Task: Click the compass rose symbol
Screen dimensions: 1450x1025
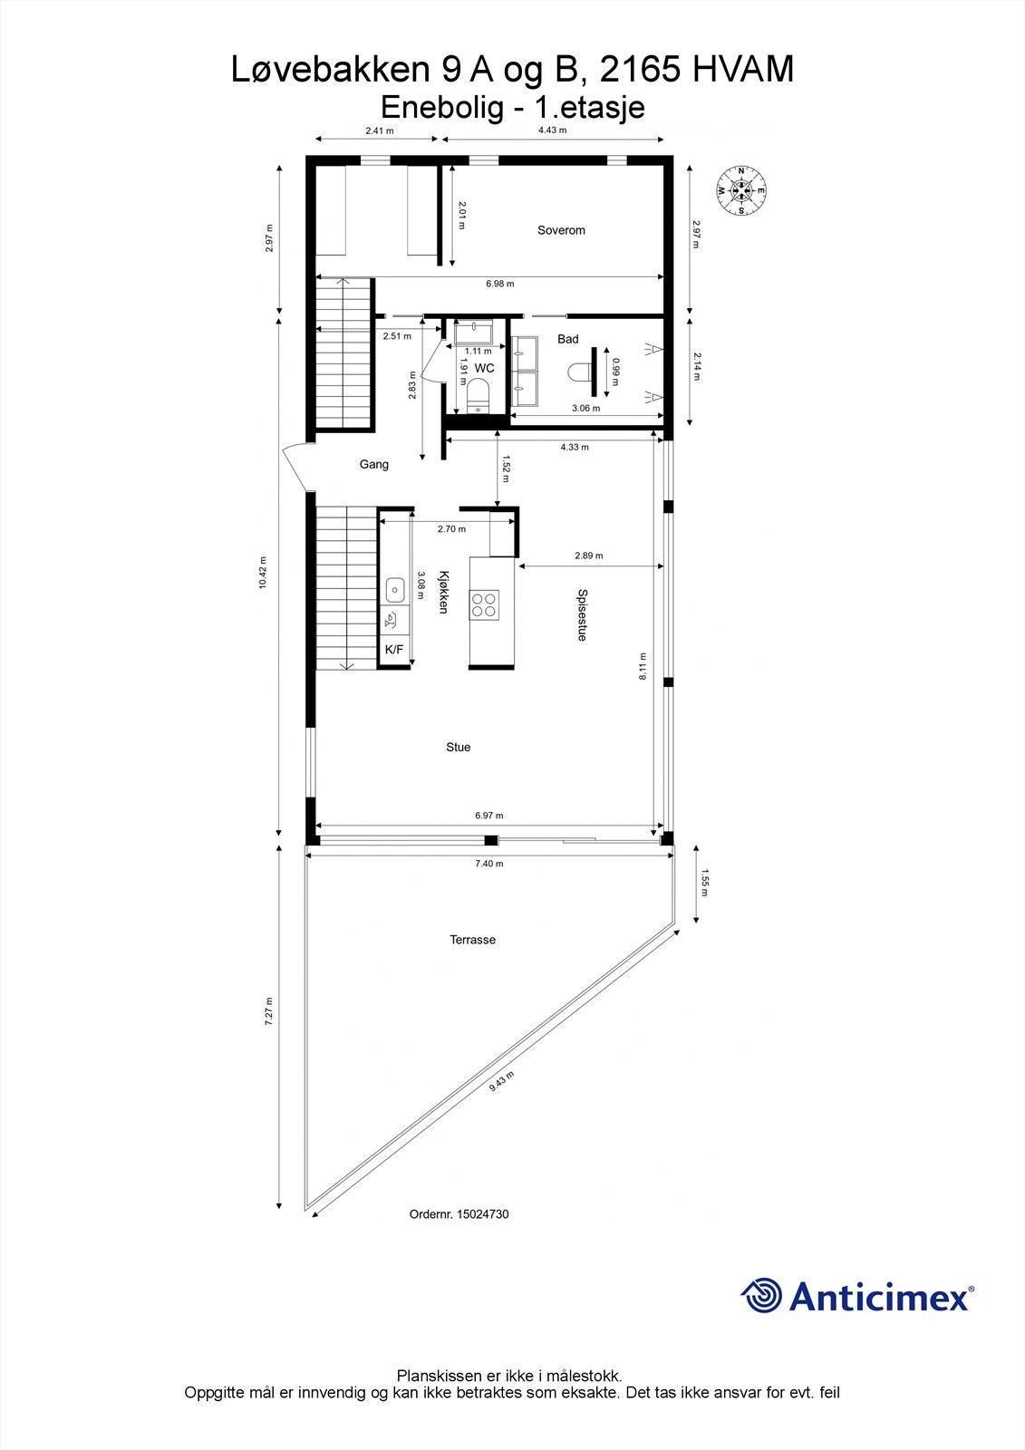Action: [741, 190]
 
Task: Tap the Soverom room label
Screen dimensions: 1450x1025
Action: [561, 230]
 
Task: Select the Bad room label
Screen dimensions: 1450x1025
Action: [567, 339]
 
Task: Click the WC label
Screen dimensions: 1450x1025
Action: [485, 368]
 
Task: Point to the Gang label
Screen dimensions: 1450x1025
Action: [373, 464]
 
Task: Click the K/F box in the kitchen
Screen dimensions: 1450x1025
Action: [394, 650]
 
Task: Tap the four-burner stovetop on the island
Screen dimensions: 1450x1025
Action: [484, 604]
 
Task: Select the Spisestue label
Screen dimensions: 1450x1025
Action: [582, 615]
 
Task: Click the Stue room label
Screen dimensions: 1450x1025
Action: [458, 748]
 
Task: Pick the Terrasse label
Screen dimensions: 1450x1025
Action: [472, 940]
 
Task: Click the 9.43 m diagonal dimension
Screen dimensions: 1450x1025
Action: [501, 1081]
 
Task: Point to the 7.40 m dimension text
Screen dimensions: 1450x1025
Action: [488, 864]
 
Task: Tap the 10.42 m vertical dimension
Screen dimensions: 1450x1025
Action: [263, 573]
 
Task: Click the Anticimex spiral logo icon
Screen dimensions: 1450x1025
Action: [761, 1295]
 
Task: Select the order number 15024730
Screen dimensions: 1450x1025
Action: [483, 1214]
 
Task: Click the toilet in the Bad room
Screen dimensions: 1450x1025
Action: [578, 372]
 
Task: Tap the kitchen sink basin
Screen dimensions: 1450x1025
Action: [395, 590]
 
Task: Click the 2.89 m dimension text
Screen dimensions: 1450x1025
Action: [588, 556]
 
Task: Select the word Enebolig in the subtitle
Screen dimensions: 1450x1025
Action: [442, 107]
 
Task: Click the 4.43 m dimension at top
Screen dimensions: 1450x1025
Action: [551, 130]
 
